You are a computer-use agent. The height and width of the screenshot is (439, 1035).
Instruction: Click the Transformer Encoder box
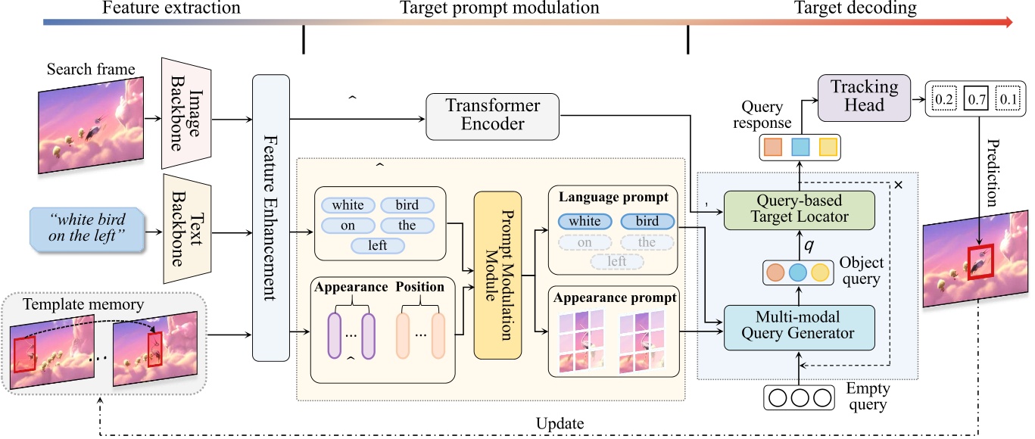(493, 117)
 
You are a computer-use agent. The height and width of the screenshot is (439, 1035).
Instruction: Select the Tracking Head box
(864, 97)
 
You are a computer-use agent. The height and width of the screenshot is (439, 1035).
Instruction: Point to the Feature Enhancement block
(270, 217)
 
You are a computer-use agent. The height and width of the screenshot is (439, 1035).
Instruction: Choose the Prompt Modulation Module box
(497, 276)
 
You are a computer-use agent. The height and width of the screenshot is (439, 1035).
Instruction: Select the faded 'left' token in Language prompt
(617, 262)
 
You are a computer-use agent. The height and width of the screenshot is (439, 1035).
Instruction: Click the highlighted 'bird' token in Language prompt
(647, 222)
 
